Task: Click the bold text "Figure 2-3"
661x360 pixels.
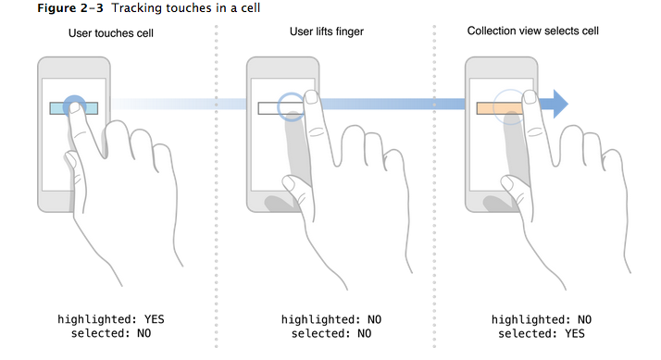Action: [70, 8]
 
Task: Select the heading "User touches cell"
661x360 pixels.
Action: [111, 33]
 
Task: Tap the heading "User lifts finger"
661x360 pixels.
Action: [326, 31]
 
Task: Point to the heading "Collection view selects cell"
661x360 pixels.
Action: [533, 31]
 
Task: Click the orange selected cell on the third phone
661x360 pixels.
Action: [500, 108]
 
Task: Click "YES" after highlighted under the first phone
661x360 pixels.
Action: [154, 319]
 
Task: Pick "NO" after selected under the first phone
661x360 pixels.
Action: [143, 333]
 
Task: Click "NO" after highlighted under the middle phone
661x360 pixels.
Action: [374, 319]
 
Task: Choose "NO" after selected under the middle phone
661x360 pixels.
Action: [364, 334]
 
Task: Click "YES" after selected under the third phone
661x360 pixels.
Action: [575, 334]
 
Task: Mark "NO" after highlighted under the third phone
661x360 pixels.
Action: [584, 319]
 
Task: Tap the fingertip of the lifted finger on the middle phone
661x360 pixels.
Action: [312, 97]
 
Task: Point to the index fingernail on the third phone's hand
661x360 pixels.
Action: [530, 97]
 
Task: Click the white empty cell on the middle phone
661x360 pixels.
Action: [268, 108]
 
